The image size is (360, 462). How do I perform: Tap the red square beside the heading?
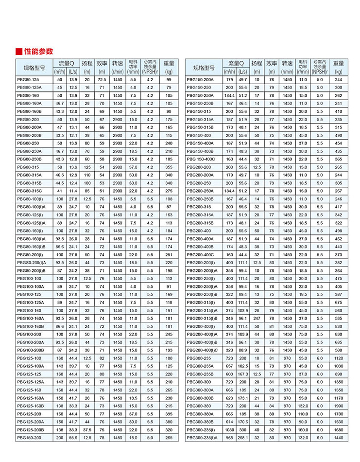tap(18, 52)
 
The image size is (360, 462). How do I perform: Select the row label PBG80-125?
tap(28, 79)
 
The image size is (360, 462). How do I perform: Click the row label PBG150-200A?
tap(200, 79)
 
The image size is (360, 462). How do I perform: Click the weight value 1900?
tap(339, 406)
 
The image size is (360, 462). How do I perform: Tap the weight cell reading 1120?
tap(339, 357)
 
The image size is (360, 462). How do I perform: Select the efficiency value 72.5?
tap(102, 79)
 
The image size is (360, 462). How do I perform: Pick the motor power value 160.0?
tap(303, 430)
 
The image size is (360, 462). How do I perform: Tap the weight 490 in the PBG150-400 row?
tap(339, 135)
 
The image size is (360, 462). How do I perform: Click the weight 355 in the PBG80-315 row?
tap(169, 167)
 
